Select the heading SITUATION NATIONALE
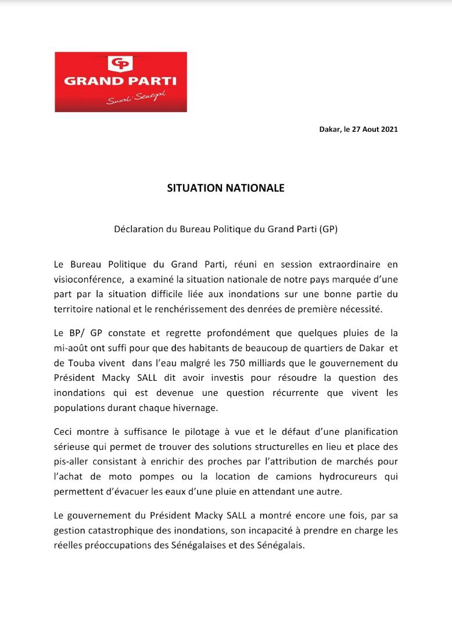coord(225,189)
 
